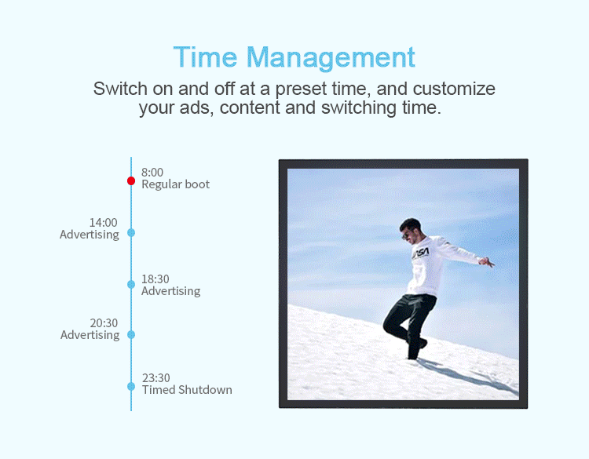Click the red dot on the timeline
(x=131, y=181)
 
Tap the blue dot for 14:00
(x=131, y=233)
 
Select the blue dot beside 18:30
(x=131, y=285)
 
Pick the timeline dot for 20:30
(x=131, y=335)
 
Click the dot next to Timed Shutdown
(x=131, y=386)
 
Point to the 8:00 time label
(x=152, y=173)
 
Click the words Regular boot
(x=175, y=184)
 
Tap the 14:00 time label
(x=104, y=223)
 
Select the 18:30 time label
(x=155, y=279)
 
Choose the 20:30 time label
(x=104, y=322)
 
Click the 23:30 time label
(x=156, y=377)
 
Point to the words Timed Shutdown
(x=187, y=390)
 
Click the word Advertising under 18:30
(x=171, y=291)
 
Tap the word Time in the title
(x=205, y=57)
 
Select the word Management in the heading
(x=331, y=59)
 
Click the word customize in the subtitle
(x=454, y=89)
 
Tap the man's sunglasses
(x=406, y=235)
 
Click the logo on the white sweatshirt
(x=420, y=253)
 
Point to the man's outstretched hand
(x=487, y=262)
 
